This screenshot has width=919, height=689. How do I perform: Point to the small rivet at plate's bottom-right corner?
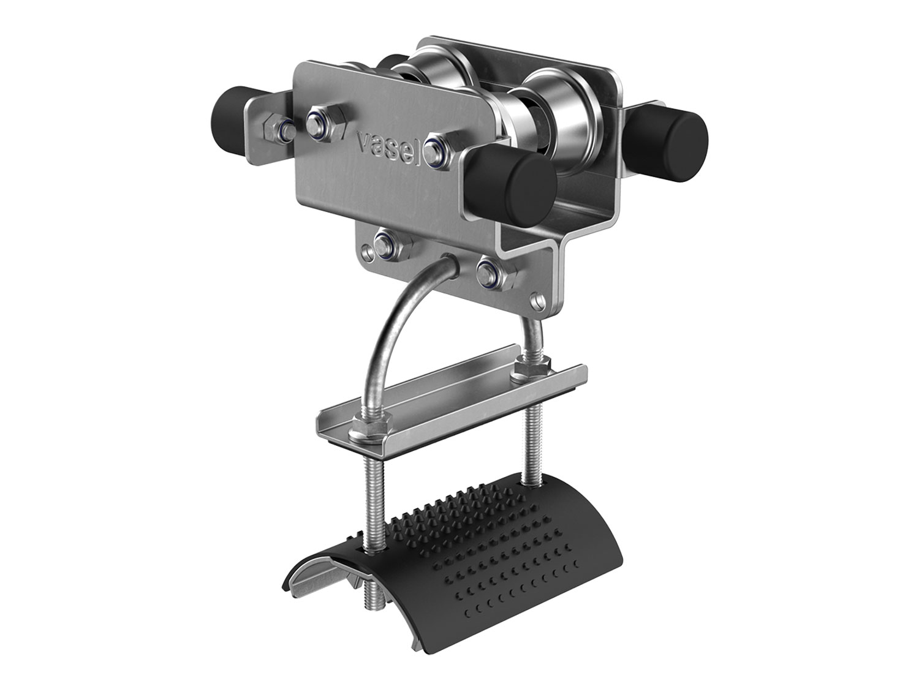539,299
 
